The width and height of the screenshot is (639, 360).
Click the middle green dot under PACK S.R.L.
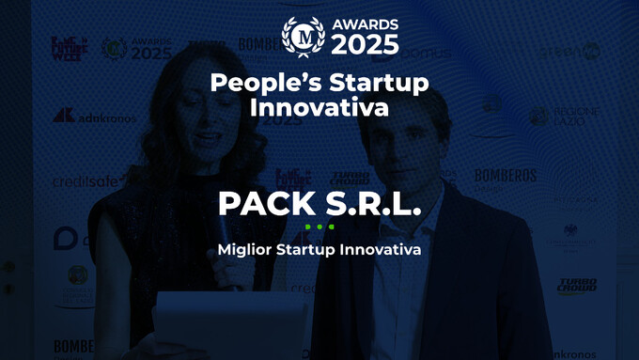point(319,227)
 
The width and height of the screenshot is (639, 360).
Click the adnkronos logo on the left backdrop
point(94,117)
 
